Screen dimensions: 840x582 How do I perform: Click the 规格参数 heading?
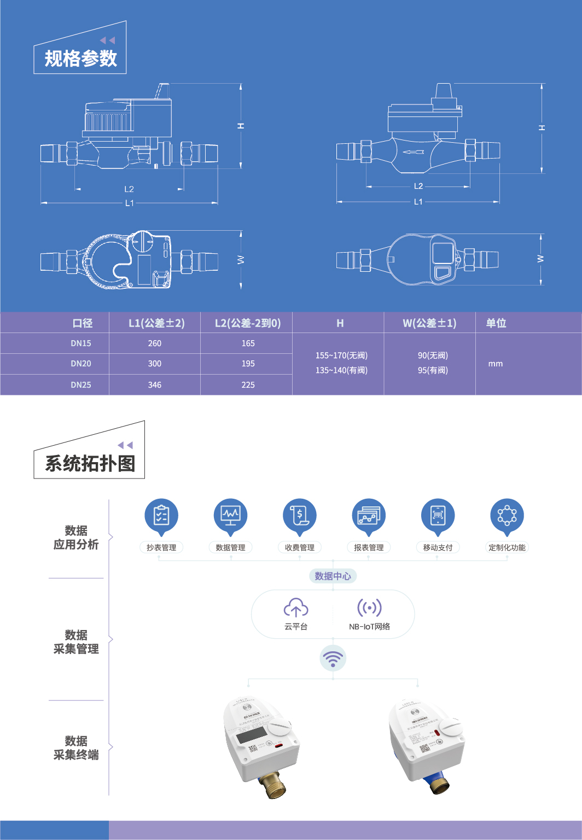tap(80, 59)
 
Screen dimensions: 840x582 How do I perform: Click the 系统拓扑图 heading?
tap(90, 464)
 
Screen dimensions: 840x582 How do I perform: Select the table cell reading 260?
tap(155, 343)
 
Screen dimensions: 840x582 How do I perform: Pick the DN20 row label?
tap(81, 364)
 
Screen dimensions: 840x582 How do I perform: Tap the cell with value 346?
tap(155, 385)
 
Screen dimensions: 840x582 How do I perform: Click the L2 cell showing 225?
tap(248, 385)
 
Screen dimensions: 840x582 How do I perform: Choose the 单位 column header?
tap(496, 323)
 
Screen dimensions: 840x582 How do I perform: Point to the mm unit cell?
tap(495, 364)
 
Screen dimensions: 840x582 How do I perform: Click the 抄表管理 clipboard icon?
tap(161, 515)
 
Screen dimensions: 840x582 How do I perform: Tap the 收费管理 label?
tap(300, 547)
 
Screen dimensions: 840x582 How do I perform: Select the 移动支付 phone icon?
tap(438, 515)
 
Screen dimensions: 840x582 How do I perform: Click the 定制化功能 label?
tap(507, 547)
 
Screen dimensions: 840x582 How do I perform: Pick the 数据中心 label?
tap(333, 576)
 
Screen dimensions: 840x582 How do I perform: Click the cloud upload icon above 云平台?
tap(296, 608)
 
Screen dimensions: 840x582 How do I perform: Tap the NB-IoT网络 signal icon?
tap(369, 608)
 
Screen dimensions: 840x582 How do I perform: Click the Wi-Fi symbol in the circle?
tap(333, 658)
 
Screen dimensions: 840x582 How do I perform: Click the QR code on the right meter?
tap(424, 749)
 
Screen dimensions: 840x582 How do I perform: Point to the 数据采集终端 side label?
tap(76, 748)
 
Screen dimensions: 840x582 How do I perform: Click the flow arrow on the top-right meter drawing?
tap(414, 152)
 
